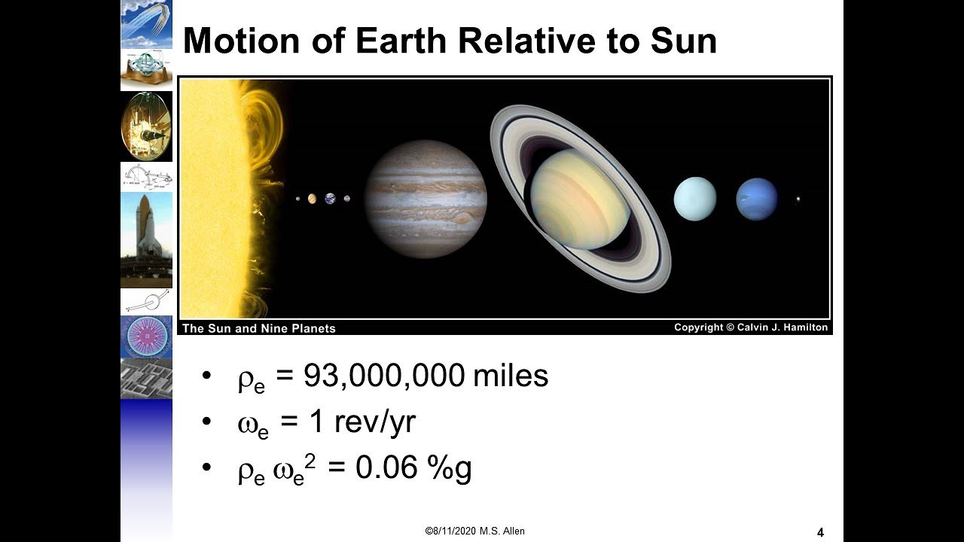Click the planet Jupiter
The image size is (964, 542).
(x=426, y=199)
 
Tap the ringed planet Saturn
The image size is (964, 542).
(x=580, y=199)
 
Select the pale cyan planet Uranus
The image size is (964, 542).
(x=694, y=199)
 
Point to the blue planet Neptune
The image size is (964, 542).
(x=756, y=199)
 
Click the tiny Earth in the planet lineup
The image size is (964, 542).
(x=331, y=199)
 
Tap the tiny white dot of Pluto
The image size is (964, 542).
(x=798, y=199)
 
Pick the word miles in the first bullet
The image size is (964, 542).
(x=511, y=376)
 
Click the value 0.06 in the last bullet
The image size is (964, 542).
(x=386, y=468)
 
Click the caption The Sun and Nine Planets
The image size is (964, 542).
(x=258, y=328)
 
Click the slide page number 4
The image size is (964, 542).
(x=820, y=533)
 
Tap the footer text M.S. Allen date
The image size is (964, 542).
(x=475, y=531)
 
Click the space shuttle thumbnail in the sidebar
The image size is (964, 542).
(x=146, y=239)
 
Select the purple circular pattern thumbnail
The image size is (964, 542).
(x=146, y=336)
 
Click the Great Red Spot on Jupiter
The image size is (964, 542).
(x=461, y=218)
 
